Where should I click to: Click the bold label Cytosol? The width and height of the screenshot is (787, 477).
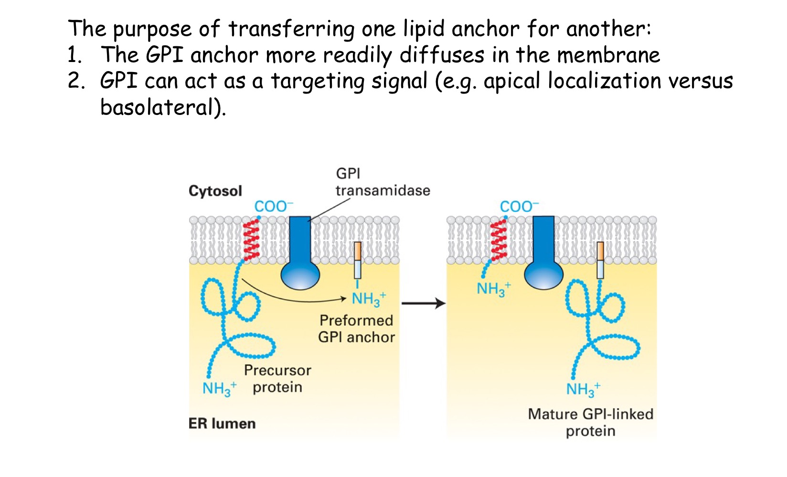[215, 191]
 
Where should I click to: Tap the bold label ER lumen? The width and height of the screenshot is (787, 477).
[222, 424]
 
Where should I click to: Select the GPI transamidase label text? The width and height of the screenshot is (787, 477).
[382, 182]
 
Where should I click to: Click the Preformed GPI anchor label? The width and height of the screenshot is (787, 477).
[356, 329]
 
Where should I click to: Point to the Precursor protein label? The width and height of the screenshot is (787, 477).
[277, 379]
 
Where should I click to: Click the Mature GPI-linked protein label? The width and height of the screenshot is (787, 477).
[590, 422]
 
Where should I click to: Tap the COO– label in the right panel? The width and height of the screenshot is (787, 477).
[519, 207]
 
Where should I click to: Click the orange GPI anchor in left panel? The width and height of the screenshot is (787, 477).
[357, 251]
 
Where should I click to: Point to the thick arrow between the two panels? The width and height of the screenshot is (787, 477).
[423, 303]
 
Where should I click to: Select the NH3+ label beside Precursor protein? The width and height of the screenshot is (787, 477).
[219, 388]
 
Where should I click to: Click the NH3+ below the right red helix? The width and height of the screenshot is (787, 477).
[493, 289]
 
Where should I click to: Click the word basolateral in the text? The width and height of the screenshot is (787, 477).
[160, 107]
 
